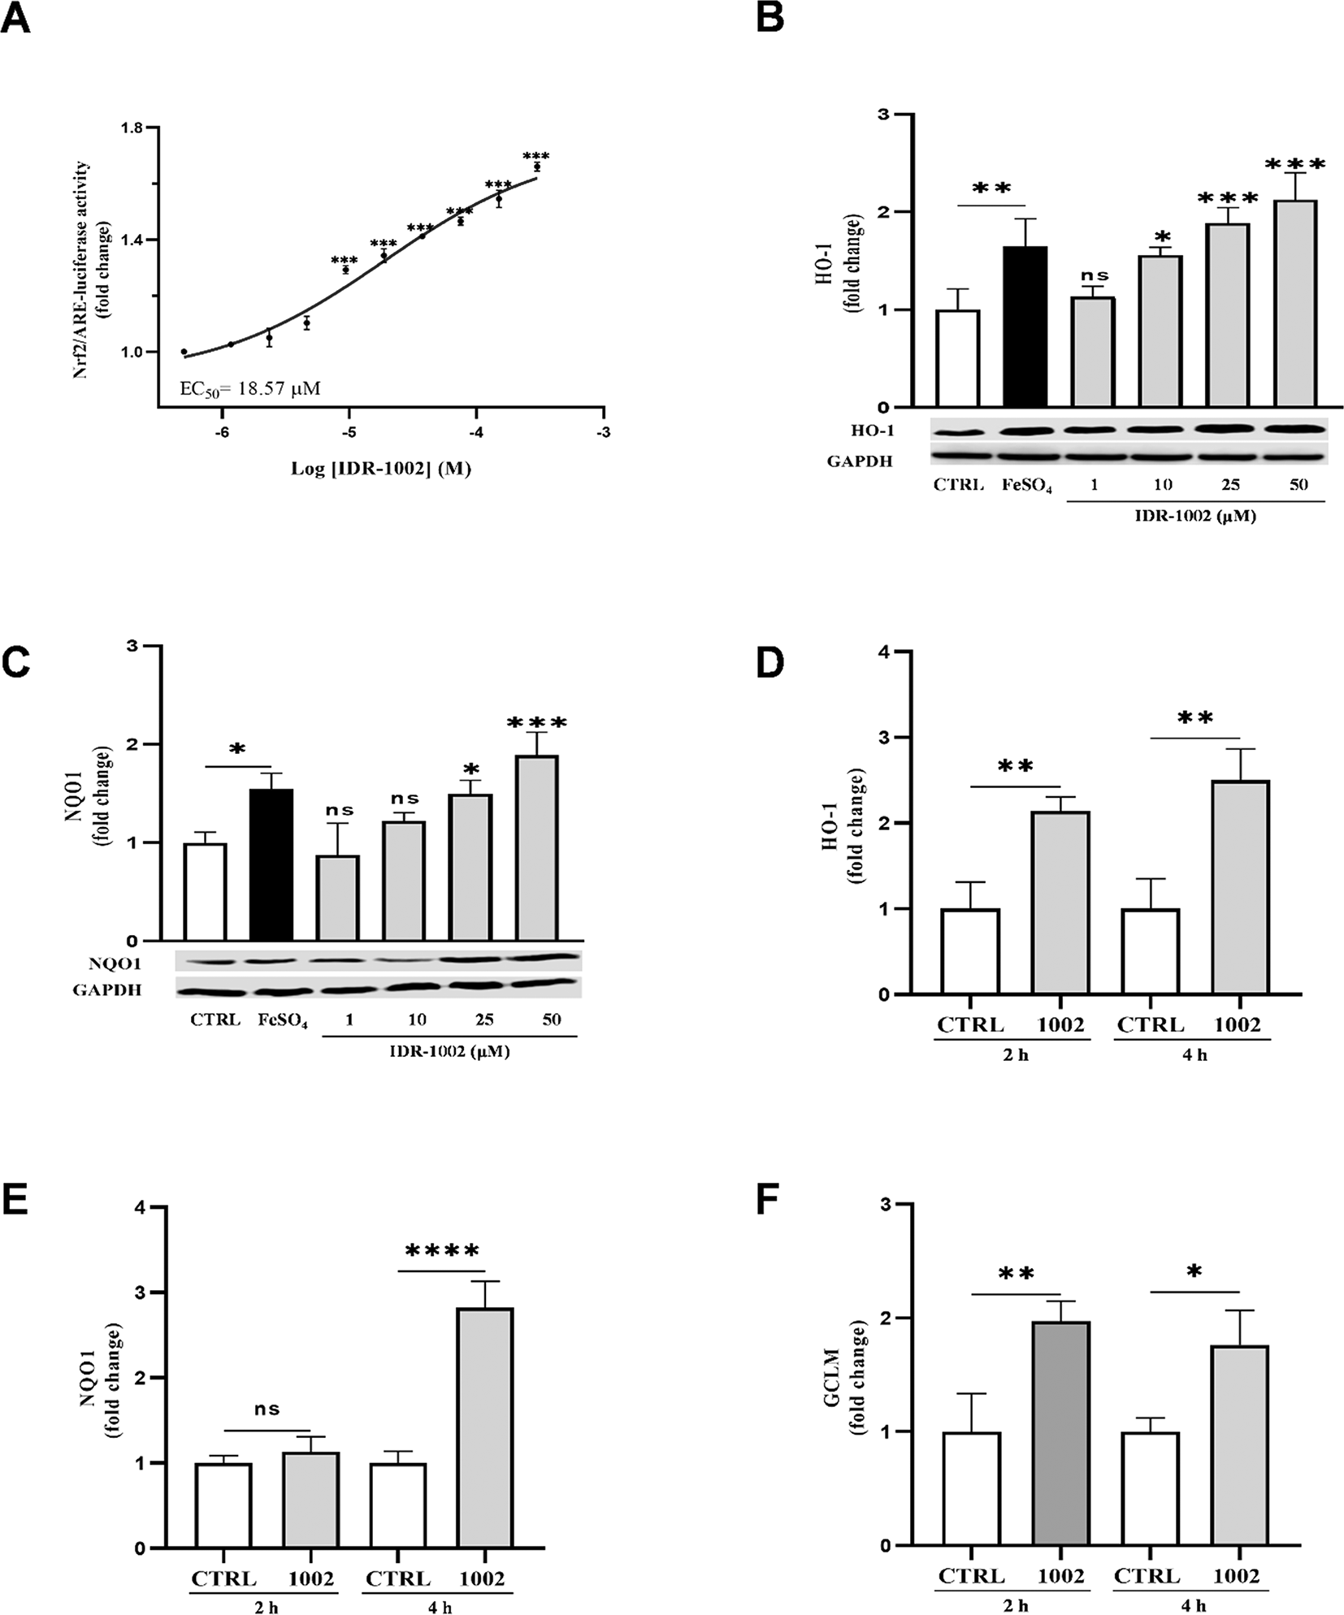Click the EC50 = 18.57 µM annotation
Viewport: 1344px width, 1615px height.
(x=249, y=388)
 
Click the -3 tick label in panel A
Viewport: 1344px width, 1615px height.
(x=603, y=433)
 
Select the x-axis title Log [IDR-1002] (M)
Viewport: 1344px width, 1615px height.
(x=381, y=469)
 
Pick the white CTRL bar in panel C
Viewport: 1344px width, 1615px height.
(x=205, y=892)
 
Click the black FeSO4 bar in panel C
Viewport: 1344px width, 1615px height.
(x=271, y=865)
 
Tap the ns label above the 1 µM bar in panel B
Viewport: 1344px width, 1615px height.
(x=1095, y=275)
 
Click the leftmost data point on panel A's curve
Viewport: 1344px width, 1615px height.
(x=184, y=352)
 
